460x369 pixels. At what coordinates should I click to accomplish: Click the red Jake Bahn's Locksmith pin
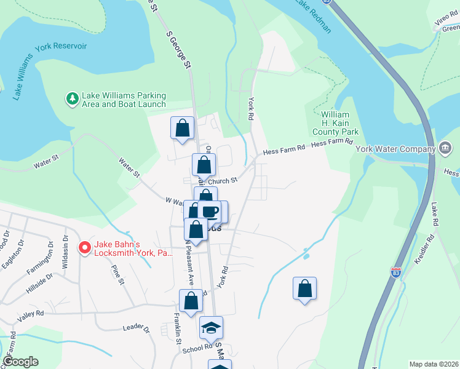point(84,248)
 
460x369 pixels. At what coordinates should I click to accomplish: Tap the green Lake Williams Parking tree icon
point(73,98)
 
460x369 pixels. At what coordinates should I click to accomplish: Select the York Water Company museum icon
point(446,148)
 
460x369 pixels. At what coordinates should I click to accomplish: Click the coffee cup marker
point(211,212)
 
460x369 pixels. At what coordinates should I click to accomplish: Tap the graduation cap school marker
point(211,327)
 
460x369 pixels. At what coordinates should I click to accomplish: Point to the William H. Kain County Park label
point(335,123)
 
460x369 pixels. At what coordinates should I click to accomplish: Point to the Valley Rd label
point(31,313)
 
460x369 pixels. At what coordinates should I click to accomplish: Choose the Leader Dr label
point(136,329)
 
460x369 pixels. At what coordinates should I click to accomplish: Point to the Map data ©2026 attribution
point(433,364)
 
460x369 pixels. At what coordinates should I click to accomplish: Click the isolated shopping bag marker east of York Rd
point(305,288)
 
